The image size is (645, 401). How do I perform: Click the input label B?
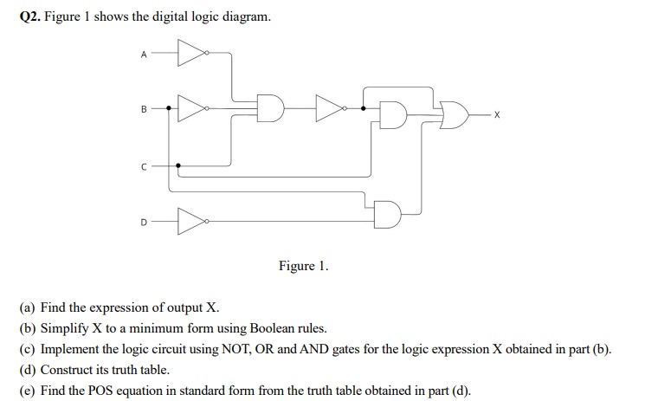coord(145,109)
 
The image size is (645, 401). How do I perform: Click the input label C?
coord(144,165)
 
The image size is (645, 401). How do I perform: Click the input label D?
coord(144,221)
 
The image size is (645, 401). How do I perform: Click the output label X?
coord(497,113)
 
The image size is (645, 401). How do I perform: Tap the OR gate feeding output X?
coord(454,113)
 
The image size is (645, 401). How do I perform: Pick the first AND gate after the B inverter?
coord(271,109)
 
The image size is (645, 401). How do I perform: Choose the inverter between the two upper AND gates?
coord(330,109)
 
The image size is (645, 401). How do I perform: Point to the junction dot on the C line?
coord(177,165)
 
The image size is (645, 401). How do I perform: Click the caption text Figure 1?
coord(303,266)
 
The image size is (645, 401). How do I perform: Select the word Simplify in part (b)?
coord(65,329)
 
